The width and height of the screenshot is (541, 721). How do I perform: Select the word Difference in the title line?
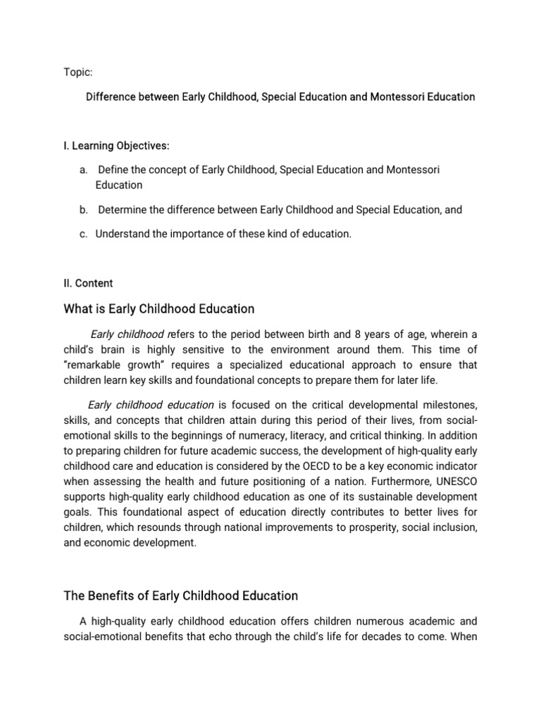110,96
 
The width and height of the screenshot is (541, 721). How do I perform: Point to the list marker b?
82,209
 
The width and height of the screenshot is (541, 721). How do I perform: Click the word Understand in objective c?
122,234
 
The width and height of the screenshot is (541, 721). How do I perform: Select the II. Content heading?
87,283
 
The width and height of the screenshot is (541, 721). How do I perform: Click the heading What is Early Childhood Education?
158,309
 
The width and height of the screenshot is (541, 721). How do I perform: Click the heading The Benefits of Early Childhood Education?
181,596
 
